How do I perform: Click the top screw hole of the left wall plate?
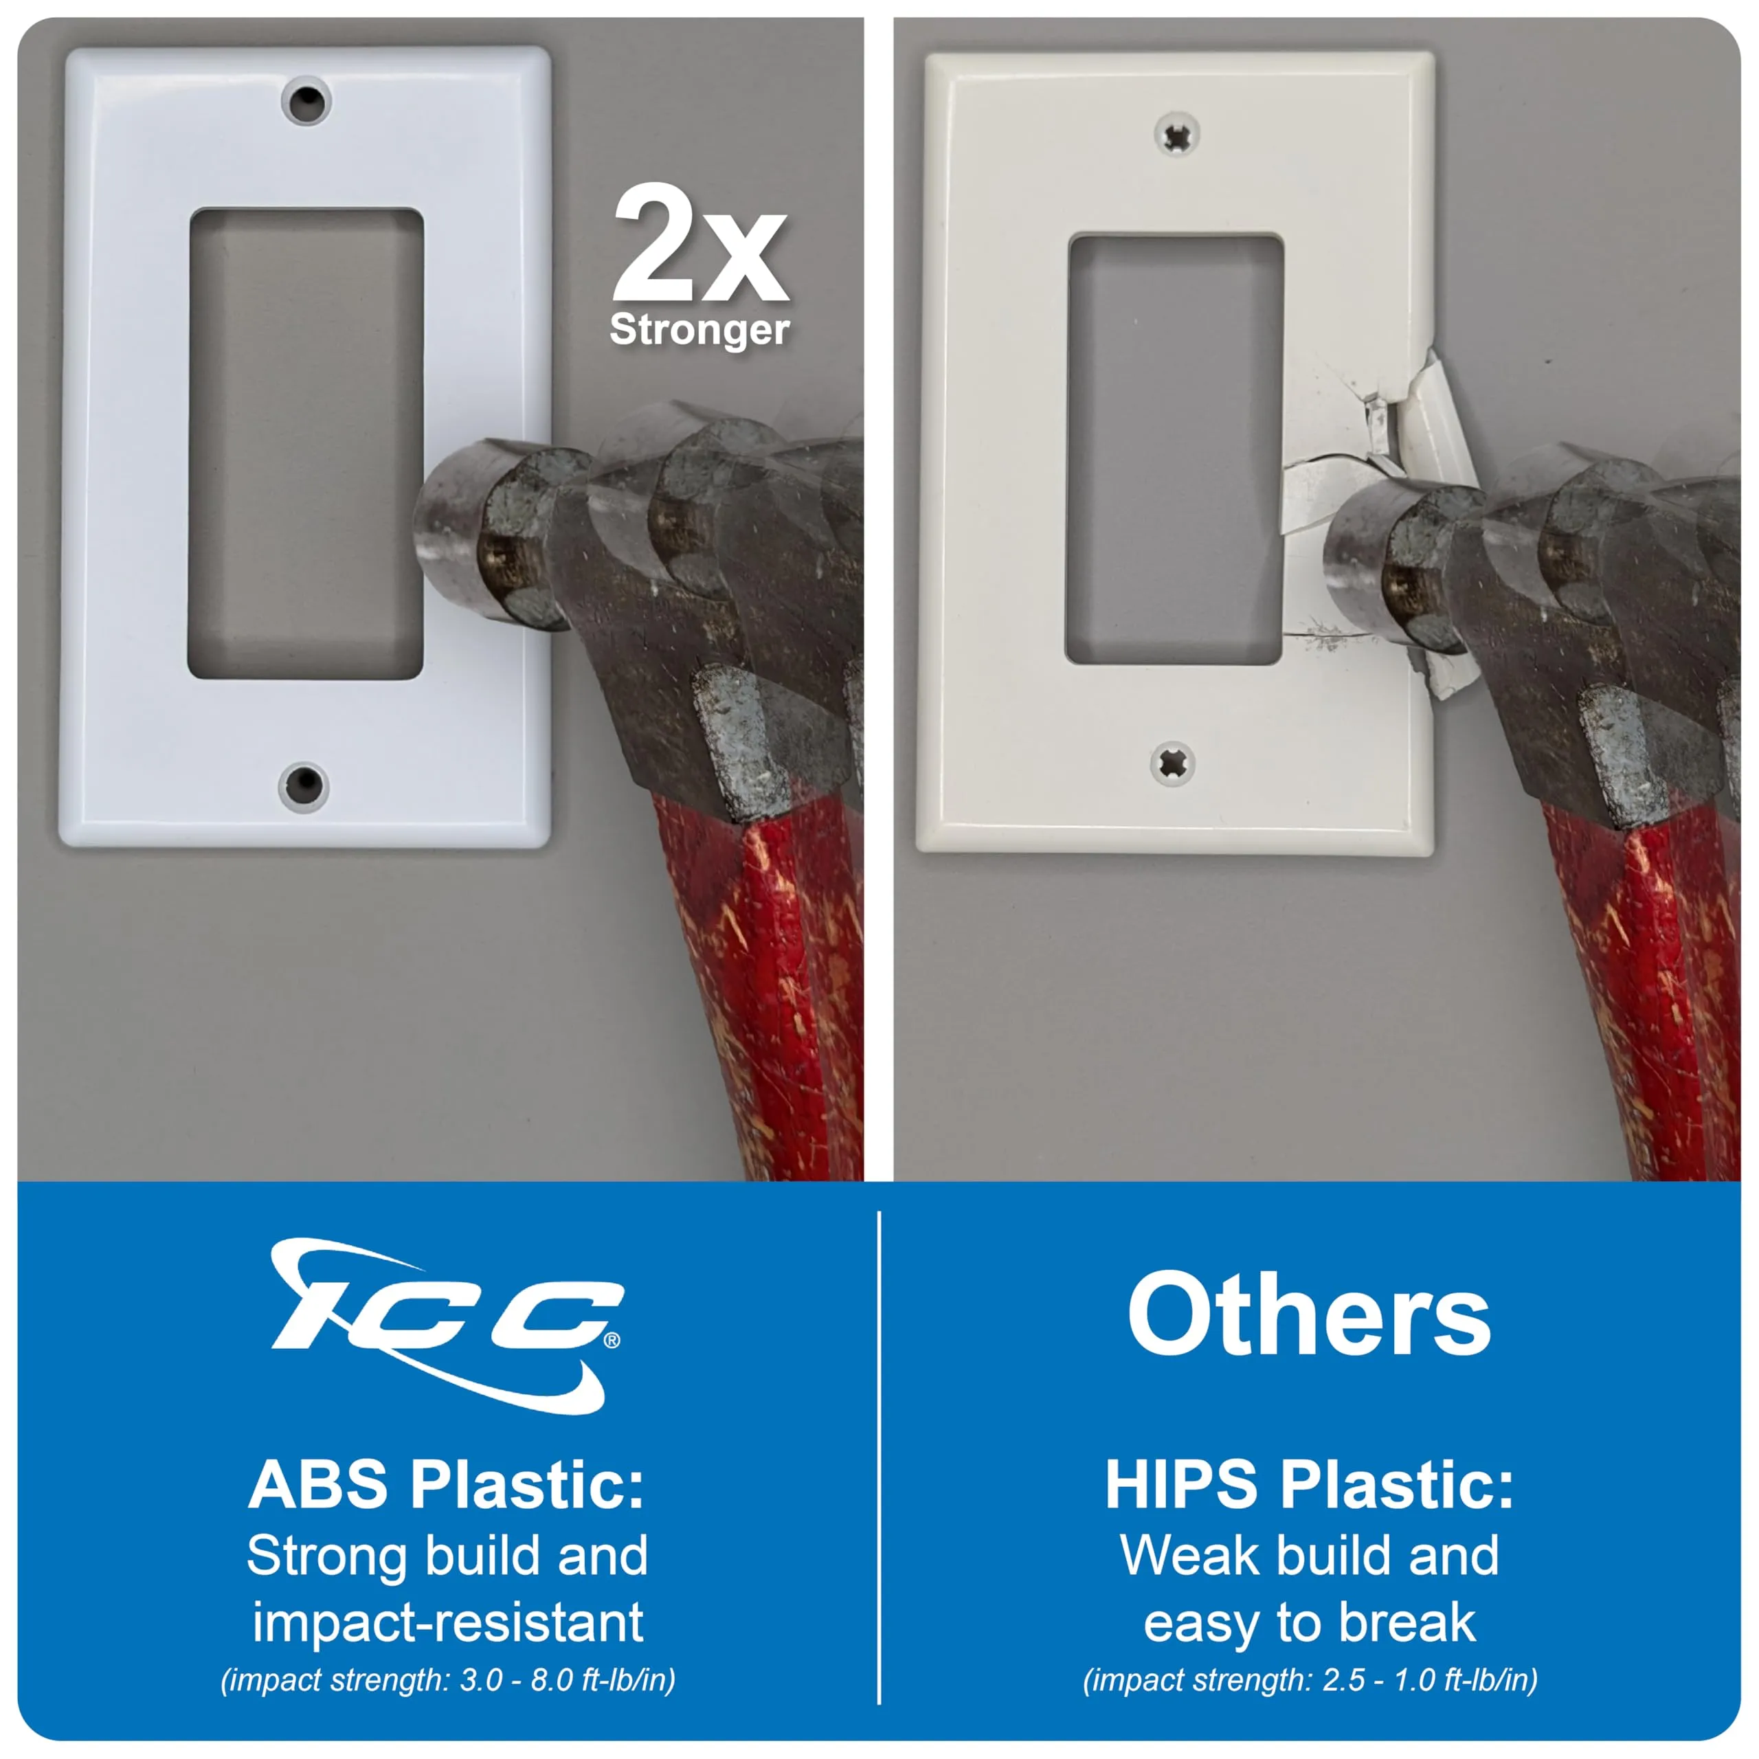(306, 102)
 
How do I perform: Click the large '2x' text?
(699, 243)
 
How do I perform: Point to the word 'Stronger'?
(699, 330)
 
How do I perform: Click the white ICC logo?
(446, 1324)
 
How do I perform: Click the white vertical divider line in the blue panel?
(879, 1457)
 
